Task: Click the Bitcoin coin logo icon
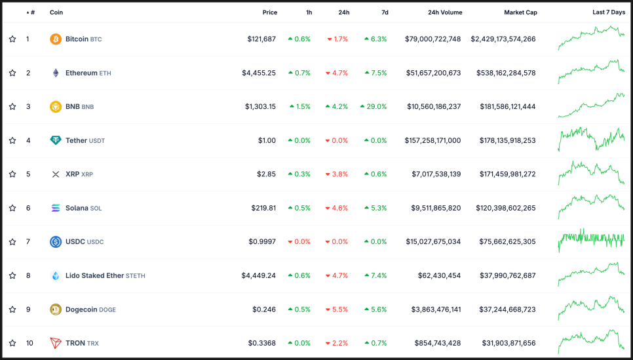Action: [x=56, y=39]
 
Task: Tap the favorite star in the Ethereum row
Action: [x=12, y=73]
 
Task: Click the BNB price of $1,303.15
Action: [x=260, y=107]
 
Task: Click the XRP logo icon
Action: [x=56, y=174]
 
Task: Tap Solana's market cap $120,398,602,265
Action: [x=505, y=208]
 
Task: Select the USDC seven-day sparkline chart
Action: [x=591, y=241]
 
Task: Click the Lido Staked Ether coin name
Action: [x=94, y=275]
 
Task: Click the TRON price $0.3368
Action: [x=262, y=343]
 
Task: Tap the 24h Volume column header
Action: [x=444, y=12]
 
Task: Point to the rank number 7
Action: [x=28, y=242]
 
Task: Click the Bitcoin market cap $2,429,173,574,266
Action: [x=503, y=39]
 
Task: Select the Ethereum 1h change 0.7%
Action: [x=299, y=73]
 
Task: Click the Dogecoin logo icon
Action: [x=56, y=310]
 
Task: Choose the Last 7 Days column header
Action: [x=608, y=12]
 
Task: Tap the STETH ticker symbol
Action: [x=136, y=276]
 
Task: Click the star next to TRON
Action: [x=12, y=343]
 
